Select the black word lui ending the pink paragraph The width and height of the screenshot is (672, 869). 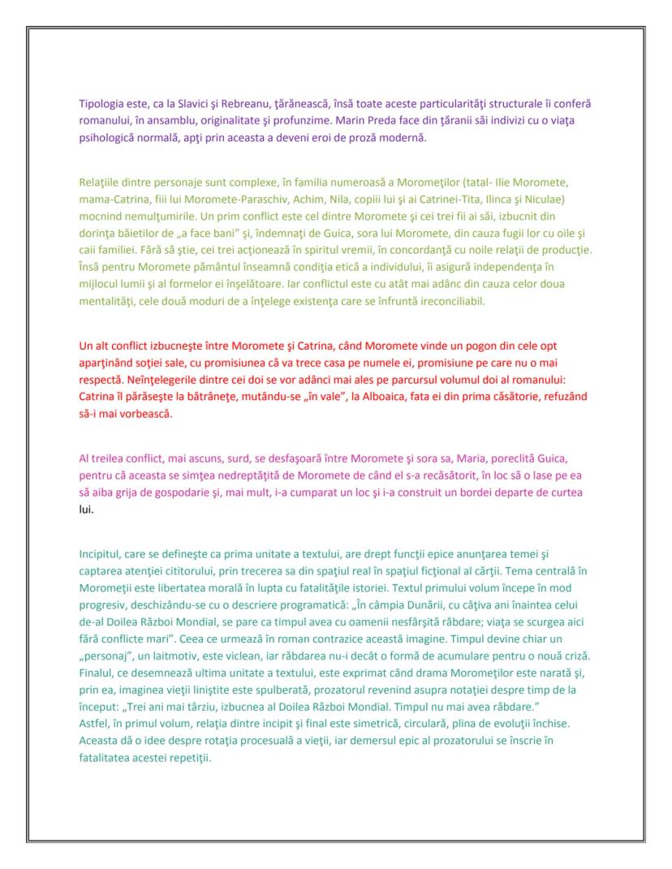point(85,510)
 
